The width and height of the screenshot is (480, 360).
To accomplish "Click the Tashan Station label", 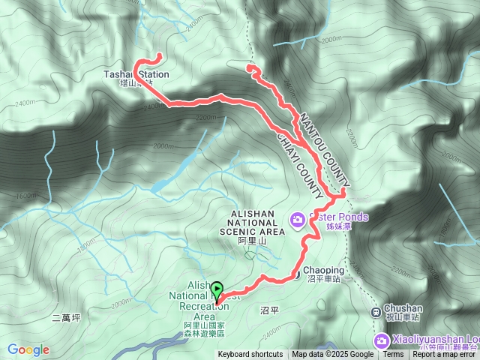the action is click(x=136, y=75).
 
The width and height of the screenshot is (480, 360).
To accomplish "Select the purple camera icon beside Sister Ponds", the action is click(x=298, y=220).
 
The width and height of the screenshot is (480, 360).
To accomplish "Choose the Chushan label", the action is click(x=403, y=308).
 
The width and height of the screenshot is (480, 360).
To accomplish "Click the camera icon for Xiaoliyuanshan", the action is click(x=382, y=341).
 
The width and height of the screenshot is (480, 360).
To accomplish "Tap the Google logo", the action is click(x=28, y=349).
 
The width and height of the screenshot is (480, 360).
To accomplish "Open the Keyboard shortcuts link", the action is click(x=250, y=355).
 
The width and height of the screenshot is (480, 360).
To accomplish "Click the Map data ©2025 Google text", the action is click(x=332, y=355).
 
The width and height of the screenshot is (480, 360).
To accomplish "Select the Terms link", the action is click(x=393, y=355).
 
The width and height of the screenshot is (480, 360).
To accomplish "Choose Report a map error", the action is click(x=444, y=355).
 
